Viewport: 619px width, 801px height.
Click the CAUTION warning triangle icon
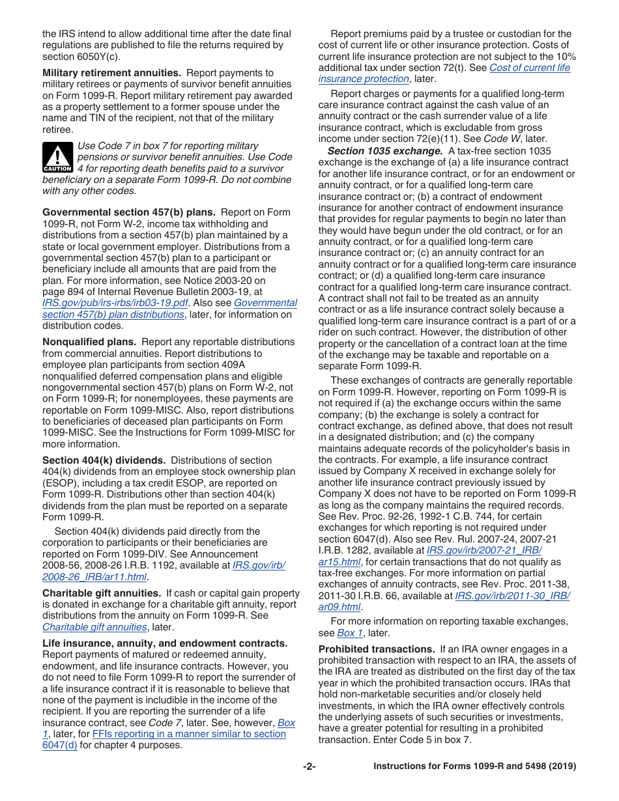point(57,157)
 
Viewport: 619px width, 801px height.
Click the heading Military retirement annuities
point(111,73)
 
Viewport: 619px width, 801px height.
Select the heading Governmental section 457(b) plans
point(129,212)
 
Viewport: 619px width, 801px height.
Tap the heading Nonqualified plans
point(89,342)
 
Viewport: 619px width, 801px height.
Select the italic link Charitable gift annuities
point(94,627)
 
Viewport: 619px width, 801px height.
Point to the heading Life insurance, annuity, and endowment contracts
point(165,643)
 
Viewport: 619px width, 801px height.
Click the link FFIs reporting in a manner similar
point(189,734)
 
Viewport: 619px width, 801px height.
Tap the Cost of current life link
point(529,68)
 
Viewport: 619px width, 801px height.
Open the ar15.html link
point(339,561)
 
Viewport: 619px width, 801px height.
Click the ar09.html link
point(339,607)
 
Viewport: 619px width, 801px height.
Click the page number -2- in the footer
point(309,766)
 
